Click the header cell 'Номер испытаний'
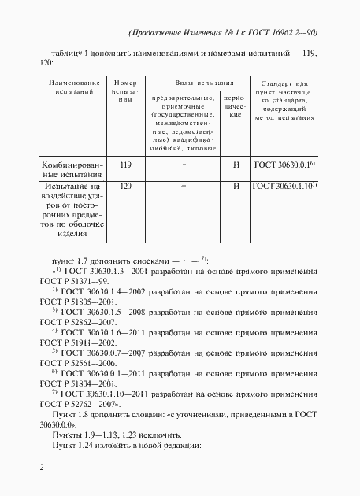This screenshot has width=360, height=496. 124,92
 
